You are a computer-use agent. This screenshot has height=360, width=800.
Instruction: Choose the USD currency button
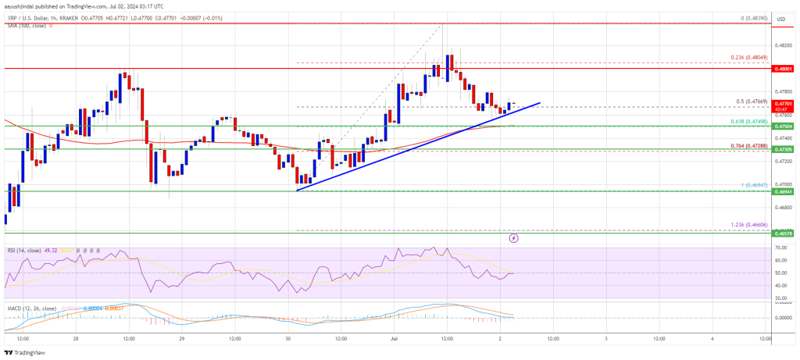(781, 31)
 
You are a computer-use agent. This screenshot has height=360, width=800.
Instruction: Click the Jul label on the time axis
(394, 338)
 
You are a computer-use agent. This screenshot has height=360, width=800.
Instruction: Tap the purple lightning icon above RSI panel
(513, 237)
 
